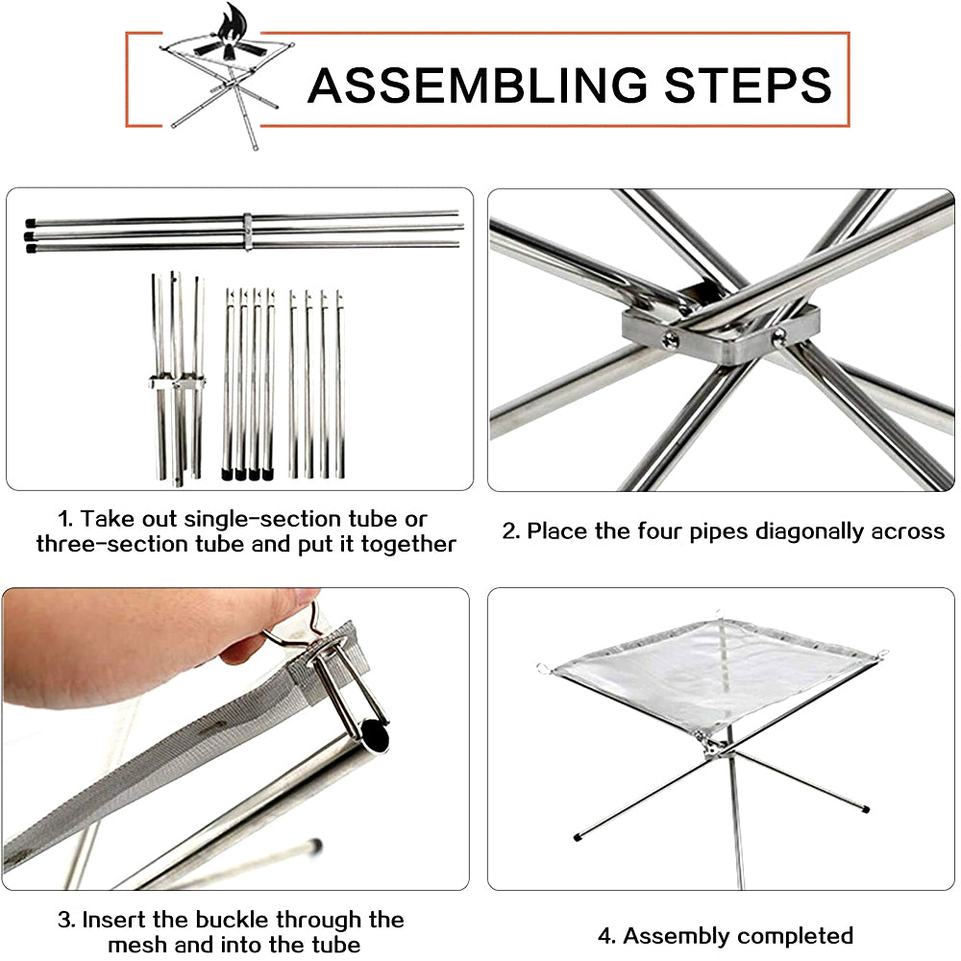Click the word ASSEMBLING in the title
coord(478,86)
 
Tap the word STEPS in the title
coord(748,86)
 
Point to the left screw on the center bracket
coord(670,339)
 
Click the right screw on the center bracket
coord(779,335)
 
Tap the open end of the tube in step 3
coord(374,736)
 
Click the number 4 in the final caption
coord(605,936)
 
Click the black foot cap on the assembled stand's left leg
coord(578,836)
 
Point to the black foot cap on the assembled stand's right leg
coord(865,809)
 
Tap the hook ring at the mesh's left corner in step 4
coord(542,668)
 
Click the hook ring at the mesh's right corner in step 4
coord(883,653)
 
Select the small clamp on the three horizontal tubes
coord(247,232)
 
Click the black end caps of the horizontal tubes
coord(30,236)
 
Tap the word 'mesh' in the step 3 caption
coord(136,945)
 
